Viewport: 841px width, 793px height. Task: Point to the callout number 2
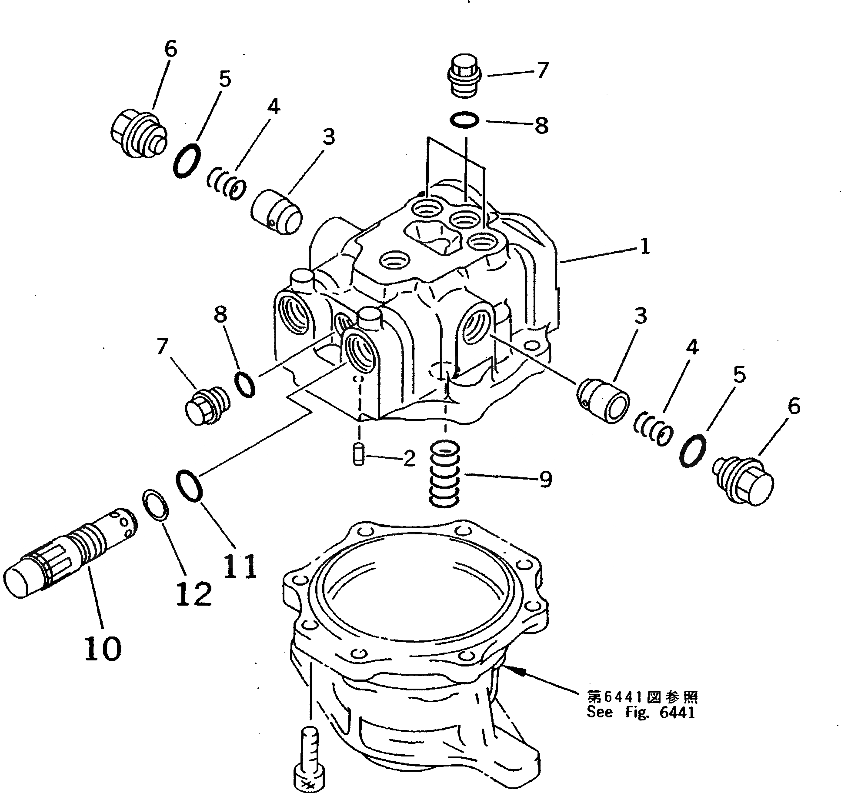(409, 458)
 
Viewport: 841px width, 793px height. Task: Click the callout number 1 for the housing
(644, 247)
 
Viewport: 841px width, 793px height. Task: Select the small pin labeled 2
(358, 455)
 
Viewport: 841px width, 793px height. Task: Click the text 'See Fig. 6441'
(640, 724)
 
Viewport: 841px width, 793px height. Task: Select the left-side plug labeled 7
(205, 406)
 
